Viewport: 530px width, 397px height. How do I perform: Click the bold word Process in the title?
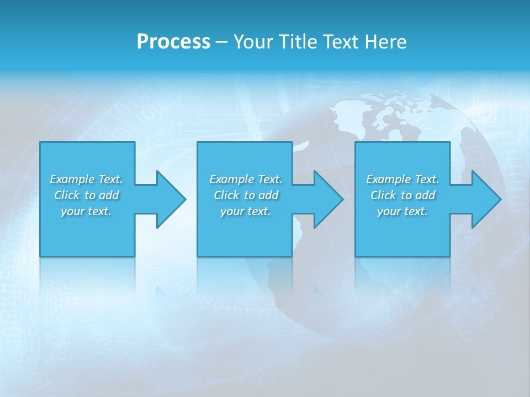click(173, 42)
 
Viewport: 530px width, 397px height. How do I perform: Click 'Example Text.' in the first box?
click(86, 179)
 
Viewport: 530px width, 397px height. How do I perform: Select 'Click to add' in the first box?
click(87, 195)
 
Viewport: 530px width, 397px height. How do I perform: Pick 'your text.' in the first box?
click(86, 211)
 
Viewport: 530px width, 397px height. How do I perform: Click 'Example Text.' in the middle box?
click(246, 179)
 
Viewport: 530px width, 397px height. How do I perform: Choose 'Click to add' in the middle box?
click(246, 195)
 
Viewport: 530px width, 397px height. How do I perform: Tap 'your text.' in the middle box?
click(245, 211)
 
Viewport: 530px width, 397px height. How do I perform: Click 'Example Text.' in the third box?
click(402, 179)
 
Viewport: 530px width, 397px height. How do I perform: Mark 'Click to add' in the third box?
click(403, 195)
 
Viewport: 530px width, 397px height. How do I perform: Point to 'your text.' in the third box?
click(402, 211)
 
